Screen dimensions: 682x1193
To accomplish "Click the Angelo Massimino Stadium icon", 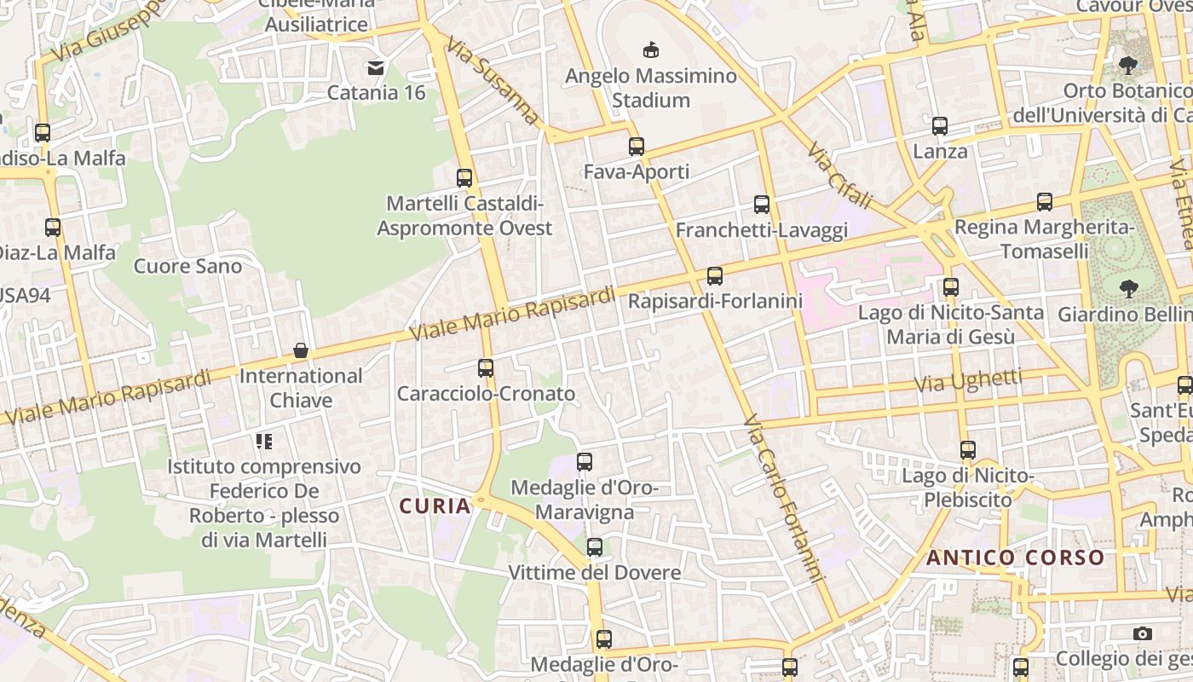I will coord(651,49).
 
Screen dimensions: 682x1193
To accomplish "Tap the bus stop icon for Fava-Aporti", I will coord(637,146).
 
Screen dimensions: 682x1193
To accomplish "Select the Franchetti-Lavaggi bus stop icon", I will coord(762,205).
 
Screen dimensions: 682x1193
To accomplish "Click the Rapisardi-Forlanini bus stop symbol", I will coord(715,275).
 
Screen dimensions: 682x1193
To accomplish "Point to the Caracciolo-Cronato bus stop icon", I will coord(486,368).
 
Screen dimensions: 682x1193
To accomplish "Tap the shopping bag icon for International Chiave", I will coord(301,350).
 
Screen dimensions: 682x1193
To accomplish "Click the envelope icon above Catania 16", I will coord(376,66).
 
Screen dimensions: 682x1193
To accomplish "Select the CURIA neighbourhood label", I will coord(435,506).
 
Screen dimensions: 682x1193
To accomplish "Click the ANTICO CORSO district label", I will coord(1016,558).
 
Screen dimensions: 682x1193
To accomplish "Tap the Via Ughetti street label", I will coord(968,381).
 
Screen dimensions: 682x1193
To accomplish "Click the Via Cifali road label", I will coord(840,176).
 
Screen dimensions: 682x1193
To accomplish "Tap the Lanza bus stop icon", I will coord(940,126).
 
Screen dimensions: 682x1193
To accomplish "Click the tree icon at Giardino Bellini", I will coord(1129,289).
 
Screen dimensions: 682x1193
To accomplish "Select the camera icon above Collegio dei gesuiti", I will coord(1143,633).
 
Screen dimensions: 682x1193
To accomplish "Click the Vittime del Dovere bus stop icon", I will coord(595,547).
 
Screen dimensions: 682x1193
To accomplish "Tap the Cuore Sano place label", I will coord(188,266).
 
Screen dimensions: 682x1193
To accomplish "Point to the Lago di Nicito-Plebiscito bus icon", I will coord(968,450).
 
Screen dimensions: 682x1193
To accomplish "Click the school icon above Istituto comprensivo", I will coord(264,442).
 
